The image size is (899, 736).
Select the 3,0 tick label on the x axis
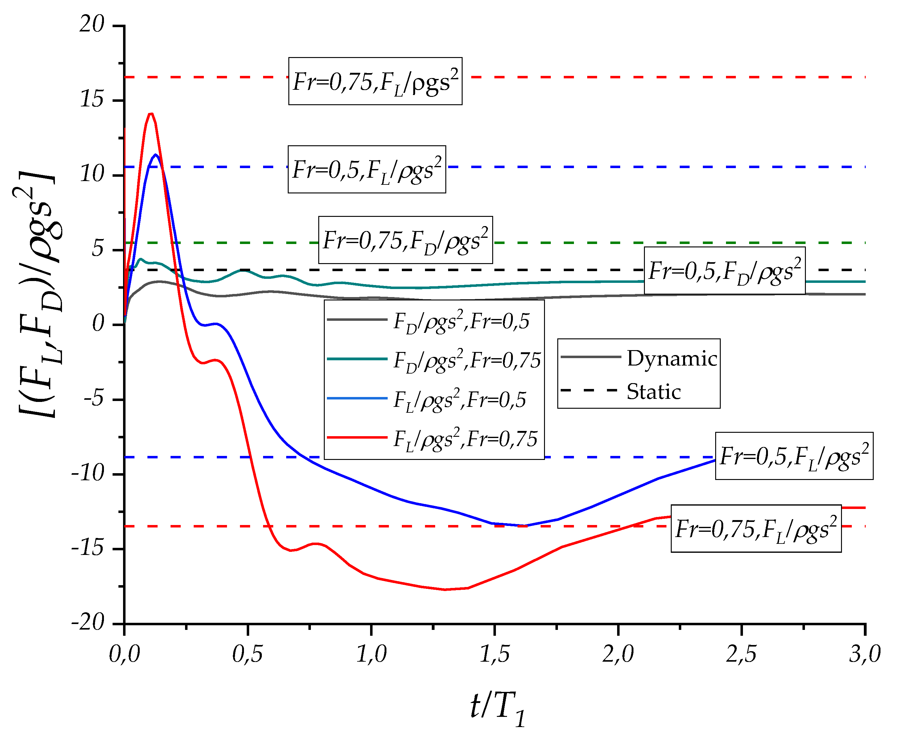point(865,654)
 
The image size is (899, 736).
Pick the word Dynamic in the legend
point(672,359)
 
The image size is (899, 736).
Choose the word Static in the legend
point(654,392)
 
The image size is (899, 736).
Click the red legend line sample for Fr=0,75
point(357,437)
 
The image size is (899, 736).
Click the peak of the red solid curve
point(151,113)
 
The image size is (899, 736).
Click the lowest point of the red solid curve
point(445,589)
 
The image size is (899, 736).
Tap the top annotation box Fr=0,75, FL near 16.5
point(375,81)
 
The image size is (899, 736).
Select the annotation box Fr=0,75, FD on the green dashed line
point(405,240)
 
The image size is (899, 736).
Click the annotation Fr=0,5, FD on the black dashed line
point(724,271)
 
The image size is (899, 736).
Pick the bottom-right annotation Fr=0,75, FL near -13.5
point(756,528)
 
